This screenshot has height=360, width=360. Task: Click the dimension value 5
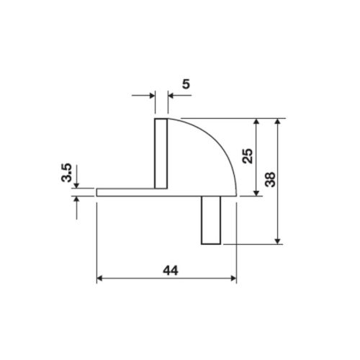(x=186, y=85)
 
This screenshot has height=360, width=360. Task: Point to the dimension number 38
(x=270, y=179)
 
